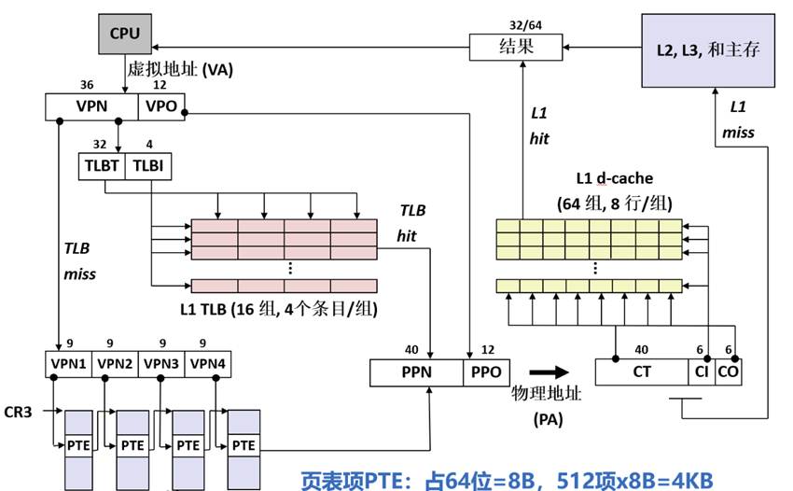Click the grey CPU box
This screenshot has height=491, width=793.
tap(124, 34)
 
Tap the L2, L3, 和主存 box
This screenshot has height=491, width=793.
tap(714, 49)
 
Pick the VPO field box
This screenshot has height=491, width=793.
tap(161, 107)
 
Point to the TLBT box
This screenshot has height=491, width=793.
tap(101, 165)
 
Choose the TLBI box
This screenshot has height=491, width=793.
tap(147, 165)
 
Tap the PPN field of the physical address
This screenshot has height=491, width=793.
tap(416, 372)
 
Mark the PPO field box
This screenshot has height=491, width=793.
tap(486, 372)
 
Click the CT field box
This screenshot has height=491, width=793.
tap(642, 372)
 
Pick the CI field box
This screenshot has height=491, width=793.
tap(702, 372)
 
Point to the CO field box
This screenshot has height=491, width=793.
tap(729, 372)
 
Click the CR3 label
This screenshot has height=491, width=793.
tap(19, 411)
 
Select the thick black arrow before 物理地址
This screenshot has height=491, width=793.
tap(550, 371)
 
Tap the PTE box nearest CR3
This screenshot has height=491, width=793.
tap(77, 444)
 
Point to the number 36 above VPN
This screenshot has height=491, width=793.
tap(87, 85)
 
